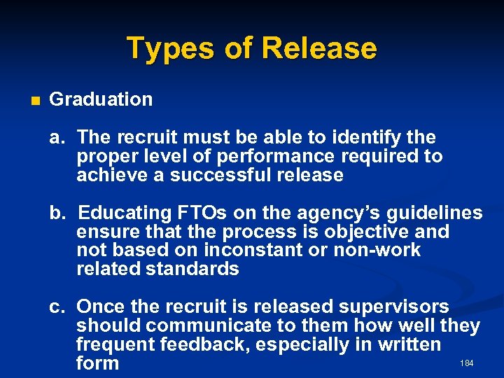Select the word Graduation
(x=101, y=99)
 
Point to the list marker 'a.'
(x=58, y=137)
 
